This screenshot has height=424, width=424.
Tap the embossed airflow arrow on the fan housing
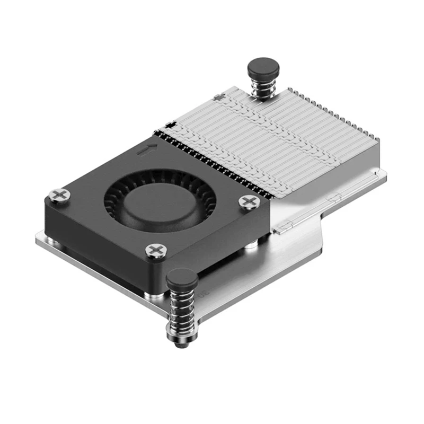click(147, 149)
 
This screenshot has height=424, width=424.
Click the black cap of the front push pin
click(182, 277)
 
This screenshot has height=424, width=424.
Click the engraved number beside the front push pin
click(202, 293)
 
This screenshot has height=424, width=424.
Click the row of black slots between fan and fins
click(212, 159)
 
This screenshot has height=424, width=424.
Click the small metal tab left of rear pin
click(216, 98)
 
